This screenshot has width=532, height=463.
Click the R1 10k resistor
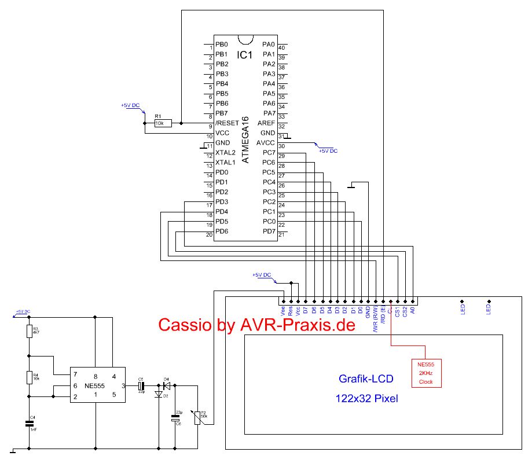(x=163, y=123)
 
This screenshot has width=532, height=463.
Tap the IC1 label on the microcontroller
(x=245, y=55)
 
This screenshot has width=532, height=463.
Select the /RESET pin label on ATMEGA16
(x=227, y=123)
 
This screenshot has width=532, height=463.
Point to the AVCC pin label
(x=266, y=143)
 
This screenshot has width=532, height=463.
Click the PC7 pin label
(x=269, y=153)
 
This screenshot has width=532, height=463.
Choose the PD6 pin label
(x=222, y=231)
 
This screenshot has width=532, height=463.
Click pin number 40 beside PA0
(x=282, y=48)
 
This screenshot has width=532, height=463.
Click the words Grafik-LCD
(x=365, y=380)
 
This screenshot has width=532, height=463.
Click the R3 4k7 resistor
(x=29, y=332)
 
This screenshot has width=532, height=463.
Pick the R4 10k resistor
(x=29, y=377)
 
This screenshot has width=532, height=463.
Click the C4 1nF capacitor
(x=29, y=424)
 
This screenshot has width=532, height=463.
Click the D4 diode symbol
(x=167, y=385)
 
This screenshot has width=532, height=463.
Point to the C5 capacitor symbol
(x=141, y=385)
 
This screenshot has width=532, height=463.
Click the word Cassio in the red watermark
(x=186, y=325)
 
